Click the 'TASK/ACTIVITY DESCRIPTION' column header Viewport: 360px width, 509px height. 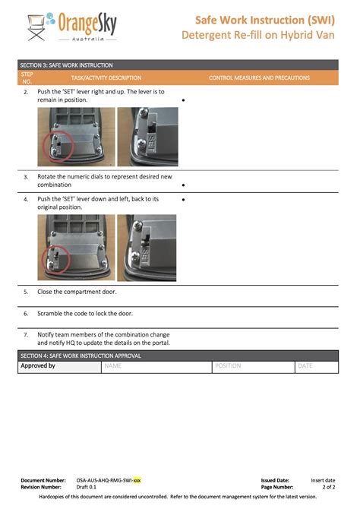pyautogui.click(x=106, y=77)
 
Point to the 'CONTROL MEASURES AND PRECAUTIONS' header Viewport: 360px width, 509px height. pyautogui.click(x=259, y=77)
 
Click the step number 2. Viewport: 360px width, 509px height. pyautogui.click(x=26, y=92)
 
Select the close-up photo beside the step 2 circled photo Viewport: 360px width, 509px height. pyautogui.click(x=147, y=137)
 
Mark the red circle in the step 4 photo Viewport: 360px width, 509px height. pyautogui.click(x=55, y=258)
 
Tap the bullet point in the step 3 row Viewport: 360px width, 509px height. pyautogui.click(x=184, y=185)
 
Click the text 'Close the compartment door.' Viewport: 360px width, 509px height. pyautogui.click(x=77, y=291)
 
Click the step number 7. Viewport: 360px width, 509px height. pyautogui.click(x=26, y=334)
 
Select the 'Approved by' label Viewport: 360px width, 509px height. pyautogui.click(x=38, y=365)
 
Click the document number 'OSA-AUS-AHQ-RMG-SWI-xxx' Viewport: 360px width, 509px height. pyautogui.click(x=109, y=480)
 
